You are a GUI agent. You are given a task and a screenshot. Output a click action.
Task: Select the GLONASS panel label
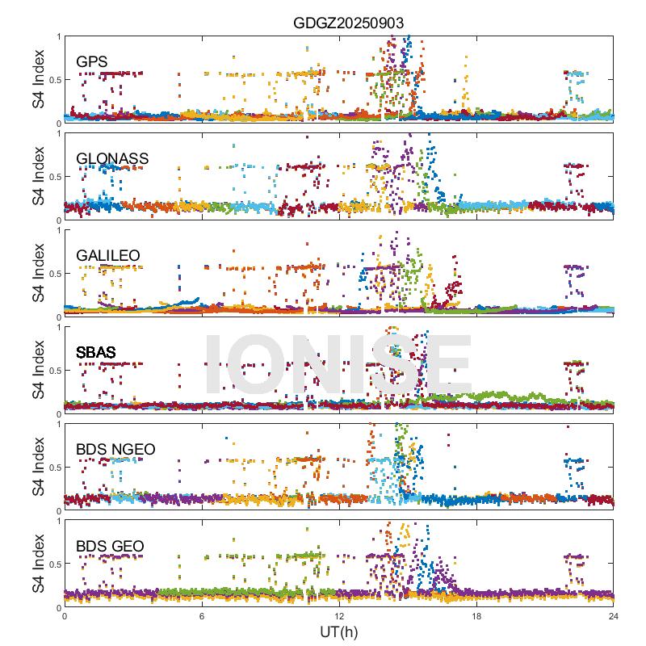pos(112,158)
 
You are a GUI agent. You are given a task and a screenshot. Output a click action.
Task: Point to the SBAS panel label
pos(96,352)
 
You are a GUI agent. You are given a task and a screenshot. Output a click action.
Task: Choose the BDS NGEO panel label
pos(115,449)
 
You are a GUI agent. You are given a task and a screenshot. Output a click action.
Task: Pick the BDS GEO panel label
pos(110,547)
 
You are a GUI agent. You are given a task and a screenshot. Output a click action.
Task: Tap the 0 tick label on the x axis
pos(65,616)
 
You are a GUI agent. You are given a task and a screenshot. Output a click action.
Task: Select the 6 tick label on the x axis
pos(202,616)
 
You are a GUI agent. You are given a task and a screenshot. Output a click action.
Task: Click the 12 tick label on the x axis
pos(339,616)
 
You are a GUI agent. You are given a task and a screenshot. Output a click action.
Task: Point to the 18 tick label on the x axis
pos(476,616)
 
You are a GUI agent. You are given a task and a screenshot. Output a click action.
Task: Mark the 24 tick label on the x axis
pos(614,616)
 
